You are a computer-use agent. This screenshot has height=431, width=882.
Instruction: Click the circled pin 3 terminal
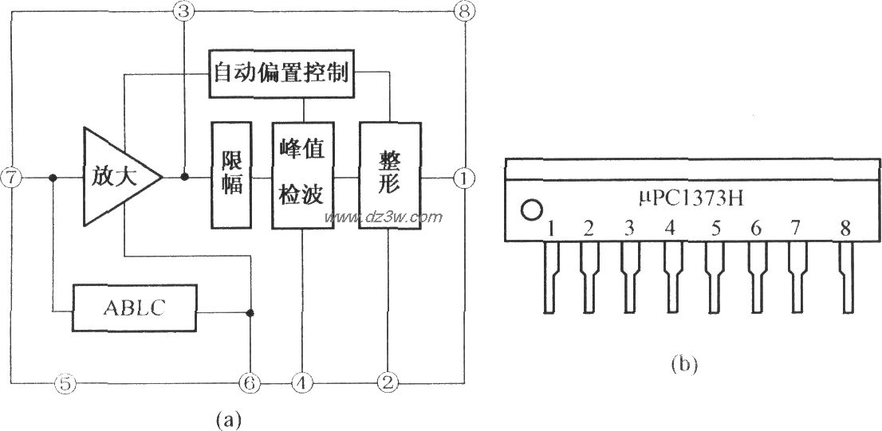(x=183, y=11)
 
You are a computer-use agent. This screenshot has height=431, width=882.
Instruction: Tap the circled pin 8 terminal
(x=463, y=11)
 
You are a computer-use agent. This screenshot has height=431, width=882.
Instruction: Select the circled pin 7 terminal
(x=10, y=178)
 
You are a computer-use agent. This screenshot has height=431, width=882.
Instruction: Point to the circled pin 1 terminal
(x=463, y=178)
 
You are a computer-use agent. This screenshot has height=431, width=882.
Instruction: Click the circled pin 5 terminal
(x=67, y=383)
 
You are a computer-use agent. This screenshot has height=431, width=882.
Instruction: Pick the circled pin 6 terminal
(x=250, y=383)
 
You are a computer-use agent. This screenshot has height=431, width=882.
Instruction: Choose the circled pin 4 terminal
(x=301, y=383)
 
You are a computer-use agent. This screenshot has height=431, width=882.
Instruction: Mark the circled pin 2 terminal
(x=388, y=383)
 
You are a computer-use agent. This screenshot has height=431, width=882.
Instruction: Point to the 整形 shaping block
(x=389, y=175)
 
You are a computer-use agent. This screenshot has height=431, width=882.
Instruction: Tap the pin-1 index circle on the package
(x=528, y=210)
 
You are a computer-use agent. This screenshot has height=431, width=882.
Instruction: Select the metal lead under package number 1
(x=550, y=275)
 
